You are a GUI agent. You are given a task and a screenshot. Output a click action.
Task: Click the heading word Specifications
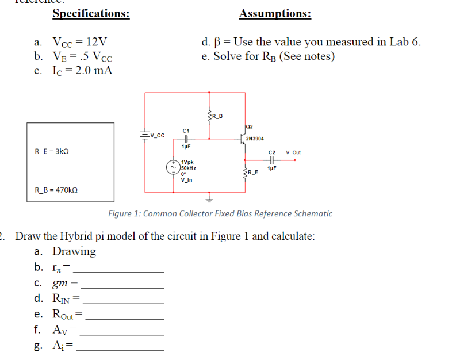91,14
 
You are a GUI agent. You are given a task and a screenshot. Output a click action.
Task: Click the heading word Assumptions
275,14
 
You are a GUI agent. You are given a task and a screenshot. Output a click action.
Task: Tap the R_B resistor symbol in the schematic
208,117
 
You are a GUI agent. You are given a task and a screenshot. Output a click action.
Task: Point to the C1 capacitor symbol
186,138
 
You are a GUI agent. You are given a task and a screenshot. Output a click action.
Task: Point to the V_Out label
293,153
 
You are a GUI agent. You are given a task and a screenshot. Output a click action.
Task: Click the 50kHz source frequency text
189,167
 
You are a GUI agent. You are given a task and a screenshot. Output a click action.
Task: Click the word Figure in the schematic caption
122,213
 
